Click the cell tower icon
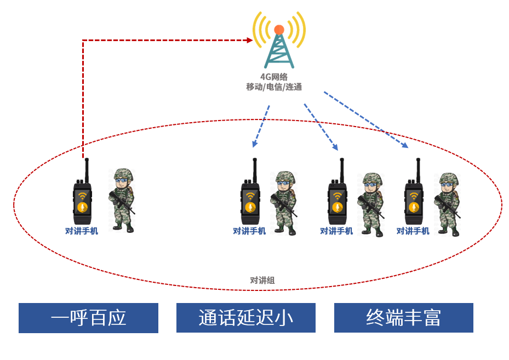coord(279,47)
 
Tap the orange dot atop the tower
coord(279,30)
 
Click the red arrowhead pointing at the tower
coord(249,40)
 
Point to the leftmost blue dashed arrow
coord(261,126)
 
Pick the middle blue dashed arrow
coord(321,127)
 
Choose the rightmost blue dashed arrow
coord(365,119)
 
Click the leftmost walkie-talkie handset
coord(83,197)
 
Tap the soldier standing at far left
coord(122,200)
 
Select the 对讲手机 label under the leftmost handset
coord(82,231)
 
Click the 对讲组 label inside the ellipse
coord(262,281)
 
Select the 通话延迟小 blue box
coord(245,318)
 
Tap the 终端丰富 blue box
coord(403,318)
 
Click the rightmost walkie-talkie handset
coord(414,197)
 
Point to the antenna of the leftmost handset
coord(86,167)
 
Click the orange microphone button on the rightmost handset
coord(414,207)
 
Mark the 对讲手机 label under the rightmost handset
coord(413,231)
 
